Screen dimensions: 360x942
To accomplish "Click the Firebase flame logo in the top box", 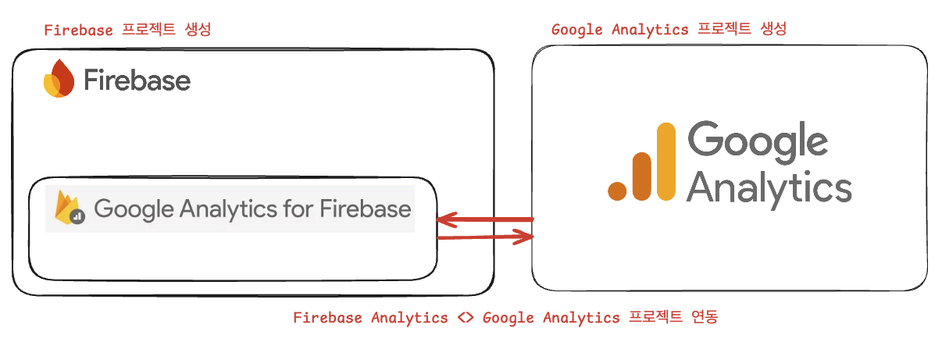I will (x=59, y=79).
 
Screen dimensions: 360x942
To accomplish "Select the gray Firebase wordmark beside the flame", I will (x=137, y=80).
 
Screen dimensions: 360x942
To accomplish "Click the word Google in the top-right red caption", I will (x=576, y=30).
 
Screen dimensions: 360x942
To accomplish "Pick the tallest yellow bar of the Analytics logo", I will (x=665, y=162).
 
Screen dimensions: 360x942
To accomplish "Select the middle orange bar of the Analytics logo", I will (x=641, y=176).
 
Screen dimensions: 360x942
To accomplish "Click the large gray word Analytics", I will (x=770, y=188).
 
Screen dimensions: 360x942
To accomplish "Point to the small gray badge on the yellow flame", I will (x=77, y=218).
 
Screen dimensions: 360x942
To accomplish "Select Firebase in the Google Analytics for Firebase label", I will (x=365, y=209).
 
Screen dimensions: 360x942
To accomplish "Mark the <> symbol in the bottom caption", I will (x=466, y=318).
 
